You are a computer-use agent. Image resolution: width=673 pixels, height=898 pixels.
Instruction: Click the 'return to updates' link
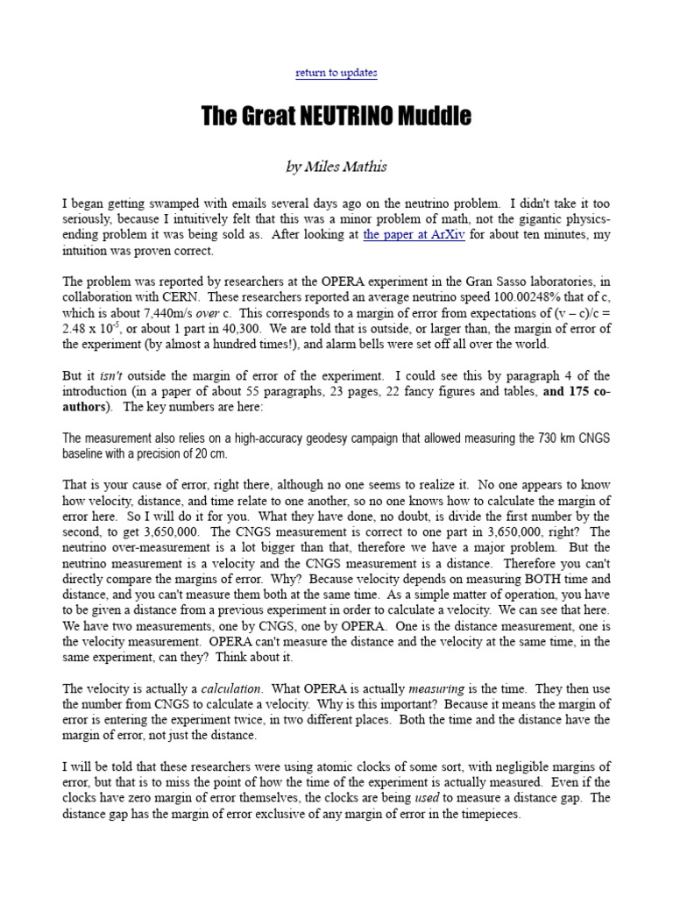point(336,73)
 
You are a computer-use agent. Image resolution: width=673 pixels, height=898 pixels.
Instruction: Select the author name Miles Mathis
point(348,167)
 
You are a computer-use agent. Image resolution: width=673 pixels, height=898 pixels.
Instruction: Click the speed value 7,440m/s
point(165,313)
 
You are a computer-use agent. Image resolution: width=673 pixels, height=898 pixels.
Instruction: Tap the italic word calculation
point(228,689)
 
